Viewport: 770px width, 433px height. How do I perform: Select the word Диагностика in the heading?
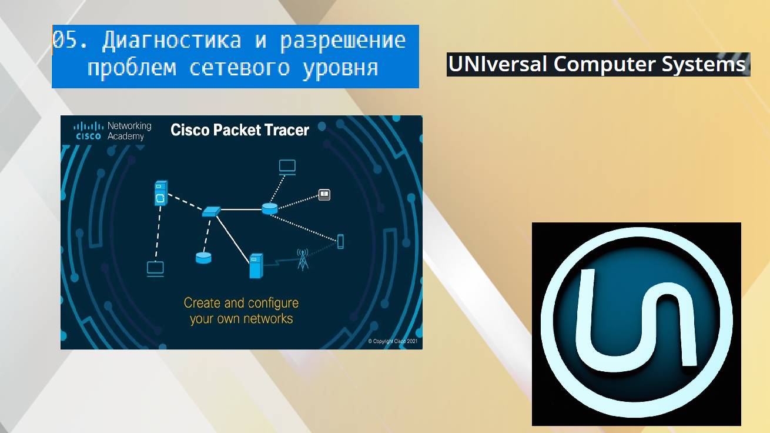coord(171,41)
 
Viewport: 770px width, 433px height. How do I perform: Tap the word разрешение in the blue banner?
coord(343,41)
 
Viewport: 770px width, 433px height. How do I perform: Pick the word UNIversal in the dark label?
coord(498,64)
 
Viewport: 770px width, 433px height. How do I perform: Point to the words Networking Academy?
coord(129,131)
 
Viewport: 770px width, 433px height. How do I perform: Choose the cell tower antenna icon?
coord(302,259)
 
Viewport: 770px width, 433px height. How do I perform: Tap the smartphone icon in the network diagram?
coord(340,241)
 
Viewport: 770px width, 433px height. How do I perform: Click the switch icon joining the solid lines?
coord(210,211)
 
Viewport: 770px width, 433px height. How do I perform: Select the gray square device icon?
coord(324,194)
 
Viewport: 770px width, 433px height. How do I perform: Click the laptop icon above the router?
coord(287,167)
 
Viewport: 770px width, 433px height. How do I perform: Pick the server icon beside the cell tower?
coord(256,266)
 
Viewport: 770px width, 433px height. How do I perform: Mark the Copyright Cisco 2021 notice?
coord(393,341)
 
